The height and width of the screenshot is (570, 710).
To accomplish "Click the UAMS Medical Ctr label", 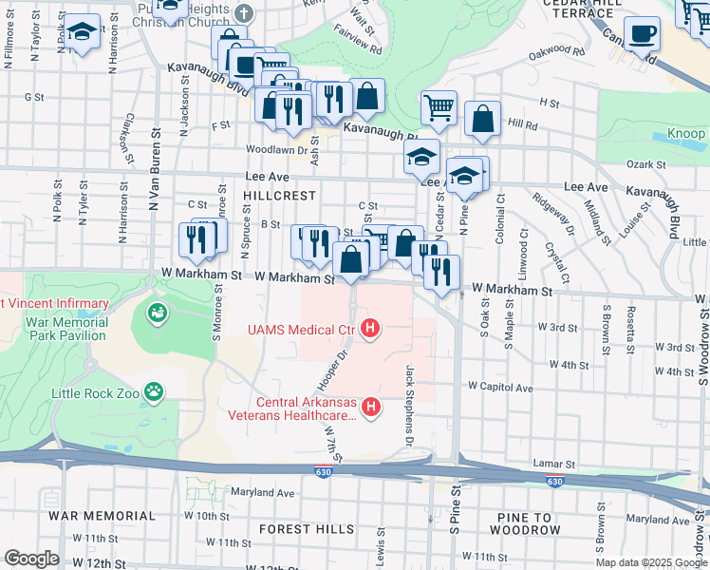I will (301, 330).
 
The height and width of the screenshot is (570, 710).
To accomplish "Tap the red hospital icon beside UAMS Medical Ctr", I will (371, 330).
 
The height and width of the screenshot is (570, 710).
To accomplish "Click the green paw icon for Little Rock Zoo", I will (153, 390).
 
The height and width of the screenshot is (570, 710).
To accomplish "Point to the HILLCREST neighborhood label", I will (278, 194).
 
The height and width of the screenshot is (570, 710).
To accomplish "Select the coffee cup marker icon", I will (642, 33).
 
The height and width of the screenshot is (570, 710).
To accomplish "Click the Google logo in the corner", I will (33, 558).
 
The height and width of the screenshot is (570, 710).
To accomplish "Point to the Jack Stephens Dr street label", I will (411, 395).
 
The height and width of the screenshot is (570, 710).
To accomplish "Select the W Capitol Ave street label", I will (499, 387).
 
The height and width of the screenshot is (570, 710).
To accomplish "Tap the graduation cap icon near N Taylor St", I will (83, 33).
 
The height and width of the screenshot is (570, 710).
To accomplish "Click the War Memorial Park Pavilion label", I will (66, 329).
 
